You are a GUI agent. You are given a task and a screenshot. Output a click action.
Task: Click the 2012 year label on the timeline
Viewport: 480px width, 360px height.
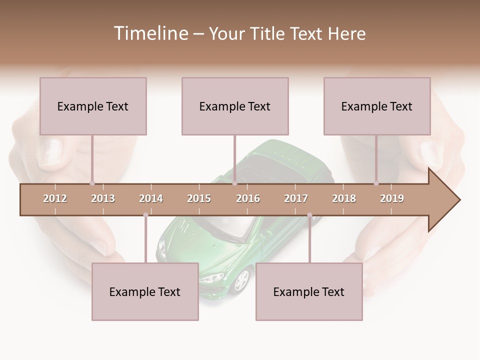pos(55,198)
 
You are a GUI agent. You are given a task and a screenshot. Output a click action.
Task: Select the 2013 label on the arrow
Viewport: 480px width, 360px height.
pos(103,198)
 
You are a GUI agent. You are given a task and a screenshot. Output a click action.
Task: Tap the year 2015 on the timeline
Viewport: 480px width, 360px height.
pos(199,198)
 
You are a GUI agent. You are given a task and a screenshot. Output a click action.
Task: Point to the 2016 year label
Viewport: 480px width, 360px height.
pos(248,198)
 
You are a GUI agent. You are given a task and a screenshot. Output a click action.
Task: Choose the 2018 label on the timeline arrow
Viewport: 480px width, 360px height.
pos(344,198)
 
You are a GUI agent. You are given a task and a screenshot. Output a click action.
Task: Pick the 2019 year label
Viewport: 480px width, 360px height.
pos(392,198)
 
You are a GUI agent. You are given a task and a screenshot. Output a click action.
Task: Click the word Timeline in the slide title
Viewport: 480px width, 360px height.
pos(150,33)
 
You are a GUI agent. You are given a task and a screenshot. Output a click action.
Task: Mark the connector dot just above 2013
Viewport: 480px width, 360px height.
pos(92,183)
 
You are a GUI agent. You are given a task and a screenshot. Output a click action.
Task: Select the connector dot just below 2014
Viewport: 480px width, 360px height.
pos(145,215)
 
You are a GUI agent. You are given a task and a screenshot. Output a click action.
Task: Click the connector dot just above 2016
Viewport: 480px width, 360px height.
pos(234,183)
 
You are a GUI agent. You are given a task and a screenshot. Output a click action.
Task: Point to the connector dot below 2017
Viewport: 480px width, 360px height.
pos(309,215)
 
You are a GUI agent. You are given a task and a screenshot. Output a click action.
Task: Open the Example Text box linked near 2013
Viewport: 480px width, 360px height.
pos(93,106)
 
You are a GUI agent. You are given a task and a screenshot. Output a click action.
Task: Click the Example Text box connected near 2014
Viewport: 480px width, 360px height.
pos(145,291)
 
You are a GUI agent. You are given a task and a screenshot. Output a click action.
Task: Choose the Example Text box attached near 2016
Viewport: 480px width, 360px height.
pos(235,106)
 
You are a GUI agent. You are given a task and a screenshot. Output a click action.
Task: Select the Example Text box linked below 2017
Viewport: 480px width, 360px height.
pos(309,291)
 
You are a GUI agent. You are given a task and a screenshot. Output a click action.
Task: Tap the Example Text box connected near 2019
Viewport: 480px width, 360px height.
pos(377,106)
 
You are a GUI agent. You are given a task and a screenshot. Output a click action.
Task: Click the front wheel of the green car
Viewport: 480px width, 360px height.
pos(241,280)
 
